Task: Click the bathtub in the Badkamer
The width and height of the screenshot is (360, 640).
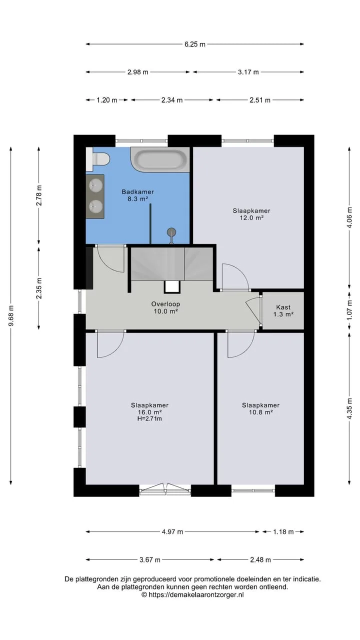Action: click(x=160, y=159)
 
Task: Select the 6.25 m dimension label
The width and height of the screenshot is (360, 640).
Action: click(x=195, y=44)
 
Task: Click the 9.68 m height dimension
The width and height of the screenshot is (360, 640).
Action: click(x=11, y=315)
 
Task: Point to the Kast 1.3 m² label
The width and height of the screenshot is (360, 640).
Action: click(x=283, y=311)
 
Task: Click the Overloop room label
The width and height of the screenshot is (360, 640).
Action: click(x=165, y=307)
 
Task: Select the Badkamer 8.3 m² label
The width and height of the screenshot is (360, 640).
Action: click(x=137, y=195)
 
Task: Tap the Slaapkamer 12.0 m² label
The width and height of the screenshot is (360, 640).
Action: click(x=251, y=214)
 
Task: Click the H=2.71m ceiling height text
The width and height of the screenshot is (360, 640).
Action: click(x=149, y=419)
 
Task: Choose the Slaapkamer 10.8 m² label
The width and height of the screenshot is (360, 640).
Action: click(x=260, y=408)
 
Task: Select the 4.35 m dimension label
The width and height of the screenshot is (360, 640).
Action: click(x=349, y=408)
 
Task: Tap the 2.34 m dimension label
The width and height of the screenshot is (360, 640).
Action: click(x=172, y=100)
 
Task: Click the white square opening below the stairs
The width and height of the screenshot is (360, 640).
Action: click(x=172, y=286)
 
